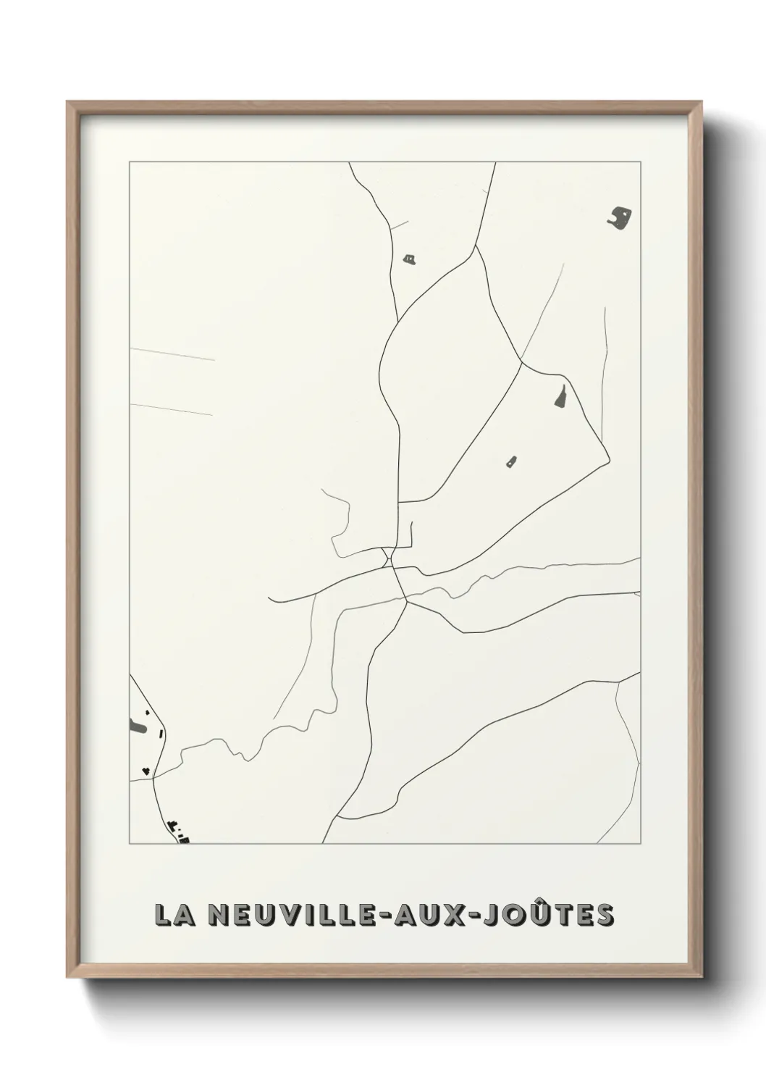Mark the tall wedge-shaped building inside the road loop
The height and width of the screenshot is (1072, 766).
(560, 395)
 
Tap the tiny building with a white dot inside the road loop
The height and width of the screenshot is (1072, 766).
(511, 461)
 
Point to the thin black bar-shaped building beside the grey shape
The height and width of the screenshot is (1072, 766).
(161, 734)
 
